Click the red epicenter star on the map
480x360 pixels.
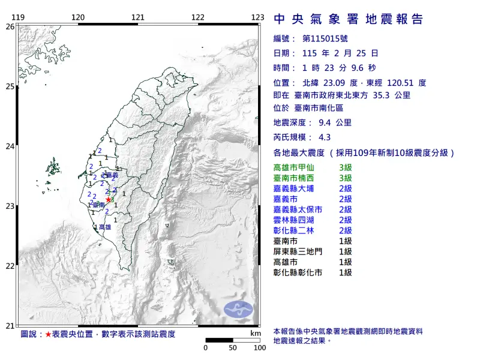click(x=108, y=200)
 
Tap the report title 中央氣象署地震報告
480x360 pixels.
click(x=348, y=19)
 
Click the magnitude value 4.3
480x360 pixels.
click(x=325, y=136)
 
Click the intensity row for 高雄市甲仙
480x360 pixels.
click(x=312, y=167)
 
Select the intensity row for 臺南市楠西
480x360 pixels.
click(x=312, y=178)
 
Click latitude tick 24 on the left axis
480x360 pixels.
click(x=10, y=146)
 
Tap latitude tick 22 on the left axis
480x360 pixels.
click(x=10, y=266)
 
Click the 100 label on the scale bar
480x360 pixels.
click(x=259, y=347)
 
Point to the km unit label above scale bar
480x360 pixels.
click(x=256, y=333)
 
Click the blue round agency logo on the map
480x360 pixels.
click(x=239, y=310)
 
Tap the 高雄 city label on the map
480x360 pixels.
click(x=104, y=227)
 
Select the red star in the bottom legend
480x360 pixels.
click(x=48, y=334)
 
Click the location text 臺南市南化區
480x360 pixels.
click(x=319, y=109)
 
